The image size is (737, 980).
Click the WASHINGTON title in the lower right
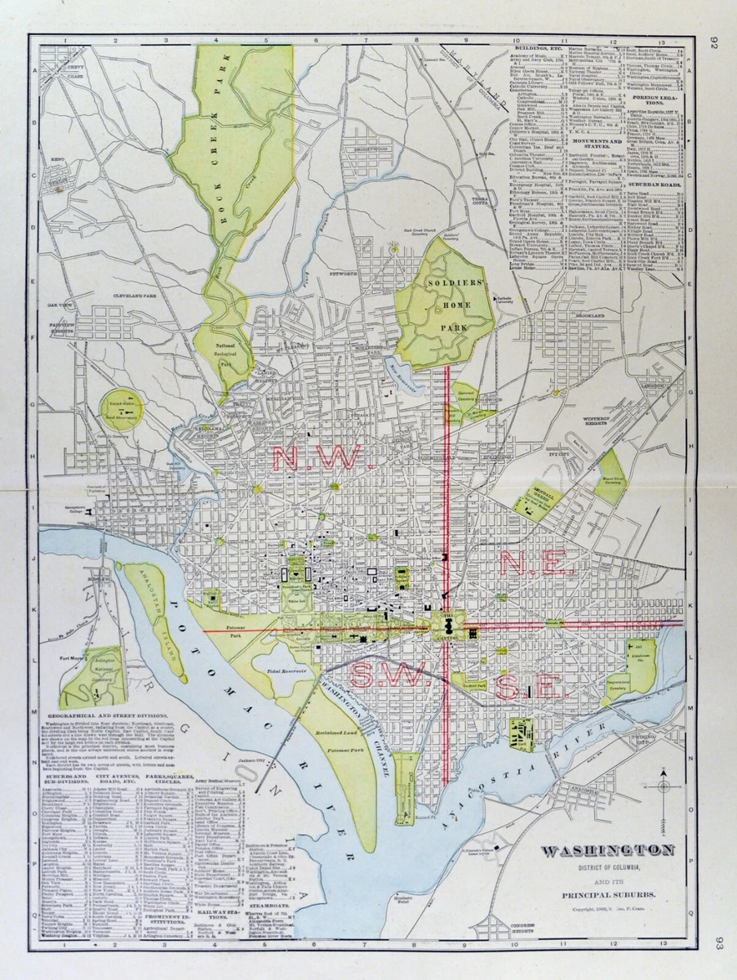point(609,851)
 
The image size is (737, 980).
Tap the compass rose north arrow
point(664,786)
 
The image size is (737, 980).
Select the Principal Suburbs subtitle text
point(609,895)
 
